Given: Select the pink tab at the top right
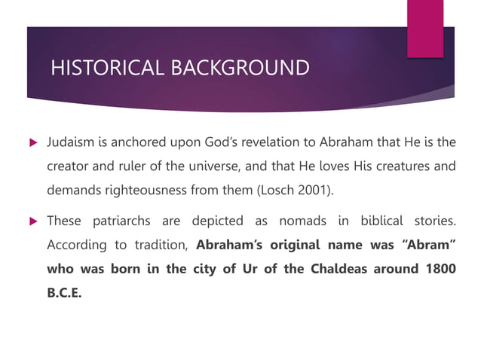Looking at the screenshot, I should click(425, 27).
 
